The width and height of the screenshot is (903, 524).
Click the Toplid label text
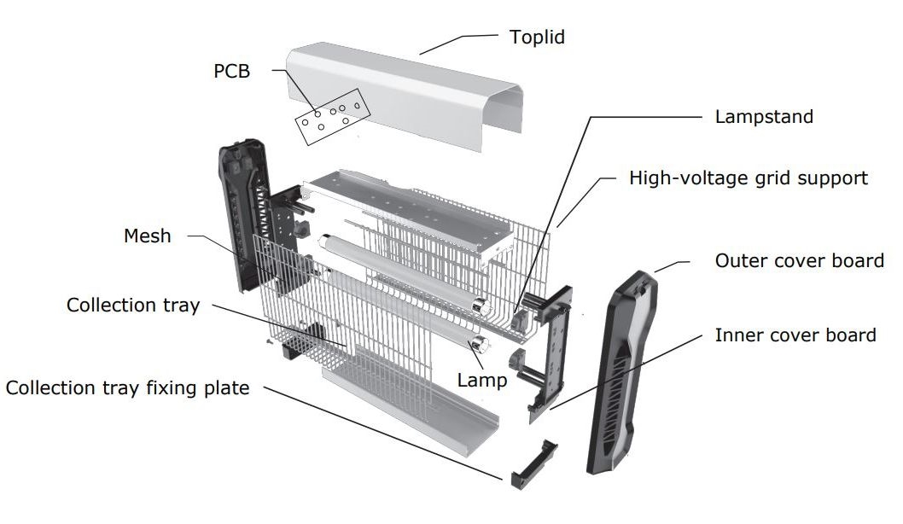point(537,38)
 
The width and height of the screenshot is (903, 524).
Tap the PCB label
point(231,72)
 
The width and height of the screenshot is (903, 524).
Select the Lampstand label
point(764,117)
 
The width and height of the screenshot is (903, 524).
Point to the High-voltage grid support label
point(748,178)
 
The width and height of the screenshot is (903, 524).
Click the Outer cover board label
point(799,260)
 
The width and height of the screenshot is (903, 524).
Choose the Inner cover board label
point(795,335)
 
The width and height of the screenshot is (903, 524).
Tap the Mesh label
point(147,236)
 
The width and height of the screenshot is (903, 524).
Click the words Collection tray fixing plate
point(127,388)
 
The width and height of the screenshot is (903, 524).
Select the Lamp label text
point(481,381)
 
